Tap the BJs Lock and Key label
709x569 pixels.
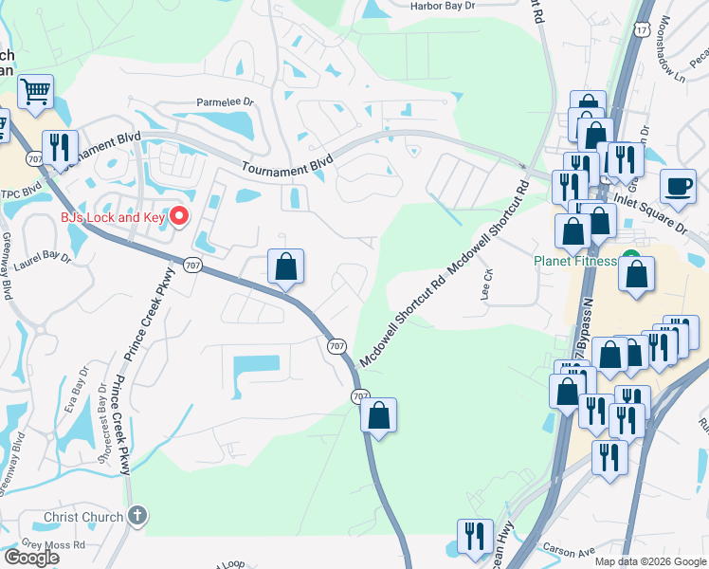point(113,217)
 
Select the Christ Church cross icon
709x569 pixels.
point(136,517)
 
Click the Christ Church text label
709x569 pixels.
point(83,517)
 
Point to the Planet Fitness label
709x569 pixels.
point(574,261)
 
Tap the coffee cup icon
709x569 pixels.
point(678,186)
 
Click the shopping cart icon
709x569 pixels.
point(35,92)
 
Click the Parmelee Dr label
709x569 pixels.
point(226,101)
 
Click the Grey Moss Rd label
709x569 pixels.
point(53,545)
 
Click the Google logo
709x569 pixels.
point(30,558)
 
